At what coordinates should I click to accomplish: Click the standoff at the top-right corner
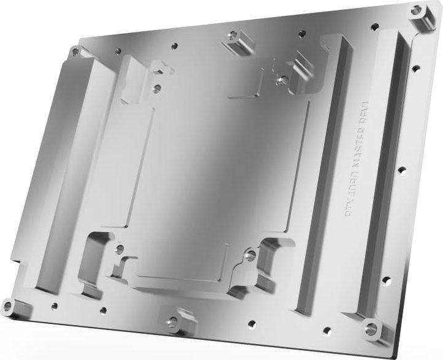point(419,10)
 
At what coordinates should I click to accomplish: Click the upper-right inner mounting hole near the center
point(281,80)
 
